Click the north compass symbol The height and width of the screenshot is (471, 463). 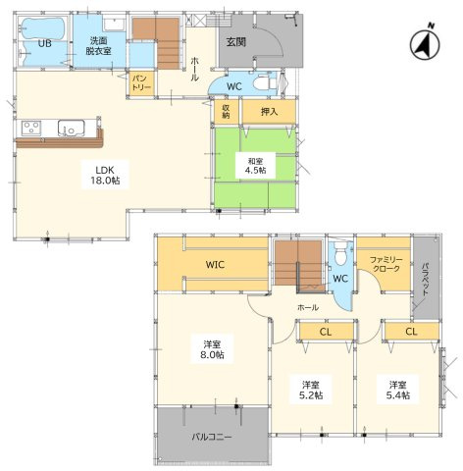pyautogui.click(x=425, y=44)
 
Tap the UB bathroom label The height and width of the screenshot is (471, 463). pyautogui.click(x=45, y=43)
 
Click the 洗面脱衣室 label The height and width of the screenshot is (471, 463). pyautogui.click(x=99, y=46)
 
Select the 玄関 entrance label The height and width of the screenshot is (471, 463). pyautogui.click(x=236, y=42)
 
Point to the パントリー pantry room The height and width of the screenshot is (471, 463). pyautogui.click(x=141, y=83)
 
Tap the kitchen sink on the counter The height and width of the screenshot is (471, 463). pyautogui.click(x=71, y=128)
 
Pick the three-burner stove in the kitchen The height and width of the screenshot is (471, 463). pyautogui.click(x=31, y=128)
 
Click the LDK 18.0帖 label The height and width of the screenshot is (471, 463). pyautogui.click(x=105, y=175)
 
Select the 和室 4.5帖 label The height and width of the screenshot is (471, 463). pyautogui.click(x=256, y=166)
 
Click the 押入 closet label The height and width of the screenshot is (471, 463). pyautogui.click(x=269, y=112)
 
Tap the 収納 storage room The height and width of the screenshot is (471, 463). pyautogui.click(x=226, y=112)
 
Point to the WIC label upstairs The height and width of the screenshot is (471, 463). pyautogui.click(x=215, y=265)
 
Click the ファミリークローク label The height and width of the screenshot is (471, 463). pyautogui.click(x=386, y=264)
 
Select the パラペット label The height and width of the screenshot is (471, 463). pyautogui.click(x=425, y=279)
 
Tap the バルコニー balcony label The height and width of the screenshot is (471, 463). pyautogui.click(x=212, y=437)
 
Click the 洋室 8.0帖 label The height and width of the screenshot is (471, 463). pyautogui.click(x=213, y=349)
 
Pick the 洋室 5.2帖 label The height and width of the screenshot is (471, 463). pyautogui.click(x=311, y=390)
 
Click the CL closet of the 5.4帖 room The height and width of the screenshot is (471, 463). pyautogui.click(x=412, y=332)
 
